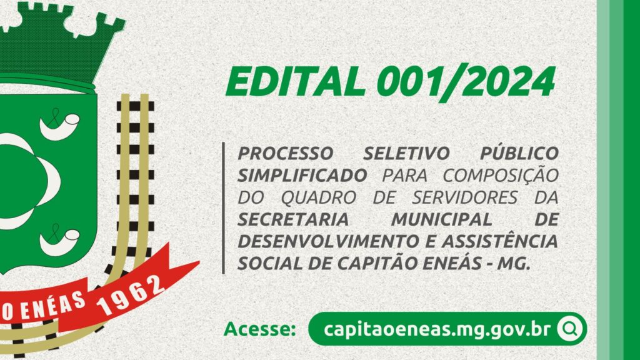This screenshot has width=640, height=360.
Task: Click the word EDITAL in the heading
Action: tap(296, 82)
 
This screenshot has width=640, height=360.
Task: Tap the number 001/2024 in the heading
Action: tap(466, 82)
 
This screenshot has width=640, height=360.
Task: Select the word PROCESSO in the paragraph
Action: tap(286, 154)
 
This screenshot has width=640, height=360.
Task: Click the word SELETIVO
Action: tap(406, 154)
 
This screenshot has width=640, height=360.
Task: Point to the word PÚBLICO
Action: tap(519, 153)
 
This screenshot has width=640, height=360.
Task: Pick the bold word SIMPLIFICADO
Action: tap(302, 176)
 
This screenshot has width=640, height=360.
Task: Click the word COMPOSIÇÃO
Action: tap(501, 176)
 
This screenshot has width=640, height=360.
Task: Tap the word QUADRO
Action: tap(319, 198)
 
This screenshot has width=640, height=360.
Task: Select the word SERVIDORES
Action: tap(465, 198)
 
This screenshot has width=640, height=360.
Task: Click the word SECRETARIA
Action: tap(293, 220)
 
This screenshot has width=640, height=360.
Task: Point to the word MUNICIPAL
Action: tap(442, 220)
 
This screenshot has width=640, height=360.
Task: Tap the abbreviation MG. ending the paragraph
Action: tap(514, 264)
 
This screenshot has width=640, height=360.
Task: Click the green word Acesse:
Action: tap(260, 329)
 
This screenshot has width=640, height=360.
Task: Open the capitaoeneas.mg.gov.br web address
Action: tap(437, 329)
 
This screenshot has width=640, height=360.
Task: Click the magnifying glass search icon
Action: tap(570, 329)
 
